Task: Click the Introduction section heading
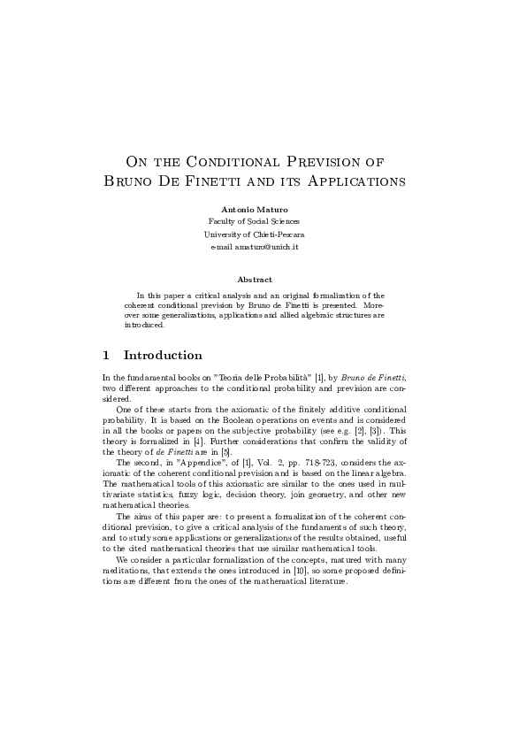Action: (163, 356)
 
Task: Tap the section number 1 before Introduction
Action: (107, 356)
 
